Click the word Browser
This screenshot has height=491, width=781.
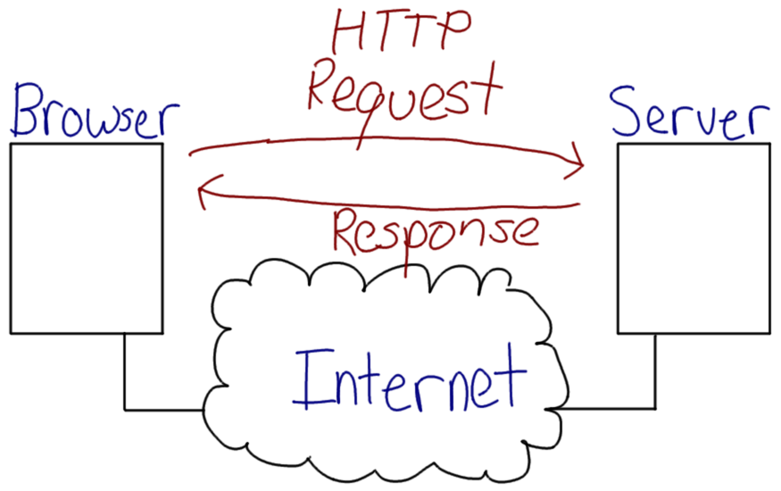94,114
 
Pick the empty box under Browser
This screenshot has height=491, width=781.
87,238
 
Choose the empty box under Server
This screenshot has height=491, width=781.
694,238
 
